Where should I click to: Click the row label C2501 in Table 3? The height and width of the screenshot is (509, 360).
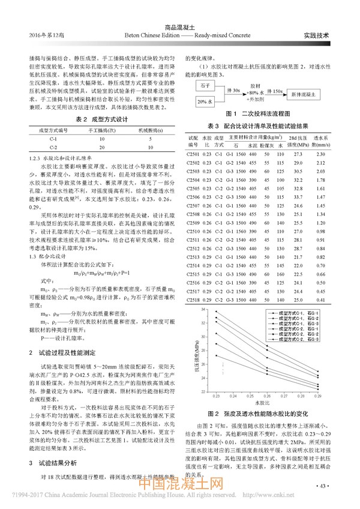(x=193, y=155)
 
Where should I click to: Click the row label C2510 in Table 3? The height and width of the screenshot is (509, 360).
(x=193, y=230)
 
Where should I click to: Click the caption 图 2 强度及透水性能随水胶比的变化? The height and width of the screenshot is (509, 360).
(x=258, y=414)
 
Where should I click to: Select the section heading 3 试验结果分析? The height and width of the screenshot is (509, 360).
(x=56, y=446)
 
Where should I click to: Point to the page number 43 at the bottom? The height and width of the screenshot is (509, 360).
(x=322, y=486)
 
